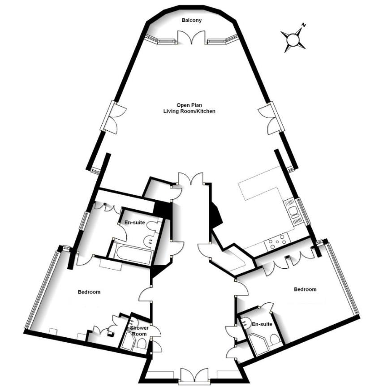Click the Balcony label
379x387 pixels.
[x=192, y=20]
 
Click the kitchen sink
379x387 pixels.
[x=294, y=213]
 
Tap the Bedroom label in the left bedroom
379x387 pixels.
[x=89, y=292]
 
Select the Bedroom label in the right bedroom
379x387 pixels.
[x=305, y=289]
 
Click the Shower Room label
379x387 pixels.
[x=138, y=331]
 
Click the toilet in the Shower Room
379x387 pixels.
[x=142, y=344]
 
